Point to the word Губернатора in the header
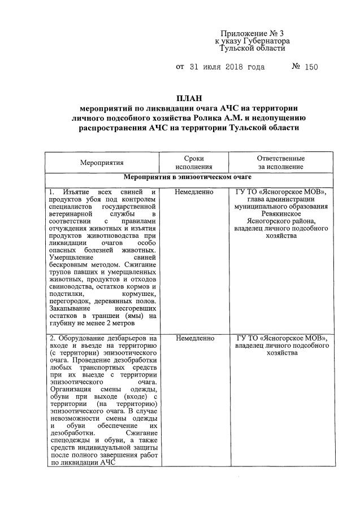click(x=266, y=41)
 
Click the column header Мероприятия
click(x=101, y=163)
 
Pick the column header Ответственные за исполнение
click(x=280, y=163)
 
